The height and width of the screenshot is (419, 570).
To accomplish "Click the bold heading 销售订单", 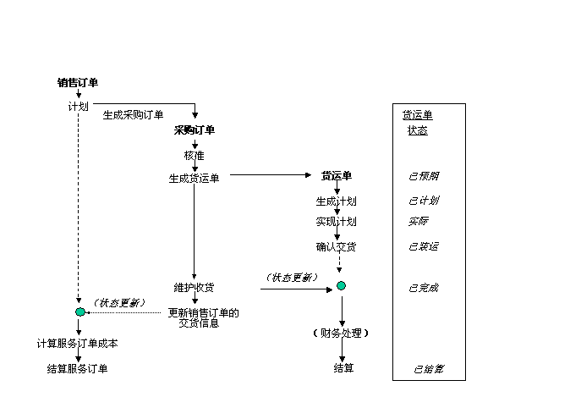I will click(78, 82).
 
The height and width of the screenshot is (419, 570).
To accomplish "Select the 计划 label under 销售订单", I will click(79, 107).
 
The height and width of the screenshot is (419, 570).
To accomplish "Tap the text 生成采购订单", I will click(134, 115).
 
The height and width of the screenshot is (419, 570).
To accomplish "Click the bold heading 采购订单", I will click(195, 130).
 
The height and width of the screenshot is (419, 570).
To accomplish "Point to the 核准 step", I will click(195, 155).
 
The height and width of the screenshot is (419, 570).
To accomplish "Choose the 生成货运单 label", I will click(195, 178).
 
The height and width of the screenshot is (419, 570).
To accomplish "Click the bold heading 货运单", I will click(336, 176).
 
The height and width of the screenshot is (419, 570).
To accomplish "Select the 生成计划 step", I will click(336, 201).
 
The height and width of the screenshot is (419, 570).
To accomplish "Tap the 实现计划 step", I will click(336, 222).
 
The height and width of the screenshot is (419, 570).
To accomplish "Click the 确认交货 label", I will click(336, 247).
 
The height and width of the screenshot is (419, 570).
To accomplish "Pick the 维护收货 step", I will click(195, 288).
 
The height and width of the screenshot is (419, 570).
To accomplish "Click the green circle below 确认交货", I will click(341, 286).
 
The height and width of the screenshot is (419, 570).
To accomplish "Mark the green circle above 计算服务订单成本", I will click(80, 312).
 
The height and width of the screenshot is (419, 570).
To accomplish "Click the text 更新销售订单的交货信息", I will click(204, 318).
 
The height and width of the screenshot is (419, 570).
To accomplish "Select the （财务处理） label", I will click(342, 333).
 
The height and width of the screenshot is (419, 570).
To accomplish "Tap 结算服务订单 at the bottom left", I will click(78, 369).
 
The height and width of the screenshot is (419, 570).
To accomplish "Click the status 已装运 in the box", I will click(424, 247).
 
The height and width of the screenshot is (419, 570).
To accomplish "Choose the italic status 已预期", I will click(424, 176).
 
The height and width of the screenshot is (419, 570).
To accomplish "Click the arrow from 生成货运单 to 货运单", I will click(271, 176).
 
